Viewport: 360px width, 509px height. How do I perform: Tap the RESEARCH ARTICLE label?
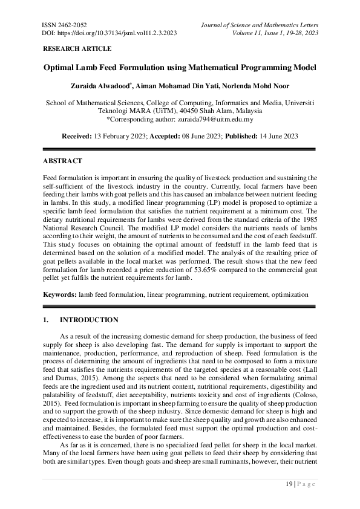click(77, 48)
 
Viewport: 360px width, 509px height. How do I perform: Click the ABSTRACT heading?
click(62, 161)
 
